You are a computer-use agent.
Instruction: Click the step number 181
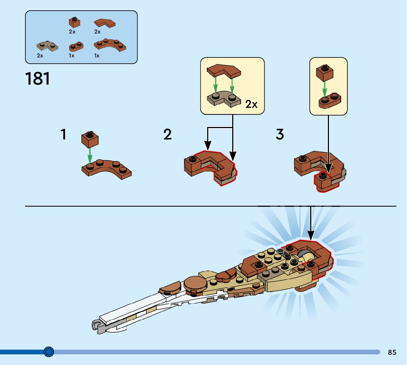[x=38, y=78]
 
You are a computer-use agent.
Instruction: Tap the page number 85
[x=392, y=352]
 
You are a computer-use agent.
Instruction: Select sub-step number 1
[x=64, y=135]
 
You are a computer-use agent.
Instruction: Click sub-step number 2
[x=167, y=135]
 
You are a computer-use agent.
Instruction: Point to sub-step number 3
[x=280, y=135]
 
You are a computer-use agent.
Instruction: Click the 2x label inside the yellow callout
[x=251, y=104]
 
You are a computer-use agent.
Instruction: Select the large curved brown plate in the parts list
[x=110, y=45]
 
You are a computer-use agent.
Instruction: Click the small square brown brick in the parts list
[x=75, y=22]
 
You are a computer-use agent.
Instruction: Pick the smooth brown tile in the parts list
[x=105, y=23]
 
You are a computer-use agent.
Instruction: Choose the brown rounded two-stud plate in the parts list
[x=76, y=47]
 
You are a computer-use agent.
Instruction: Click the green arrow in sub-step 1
[x=89, y=153]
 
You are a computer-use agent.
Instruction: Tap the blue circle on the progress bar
[x=49, y=352]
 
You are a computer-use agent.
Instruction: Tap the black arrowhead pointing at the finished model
[x=311, y=234]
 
